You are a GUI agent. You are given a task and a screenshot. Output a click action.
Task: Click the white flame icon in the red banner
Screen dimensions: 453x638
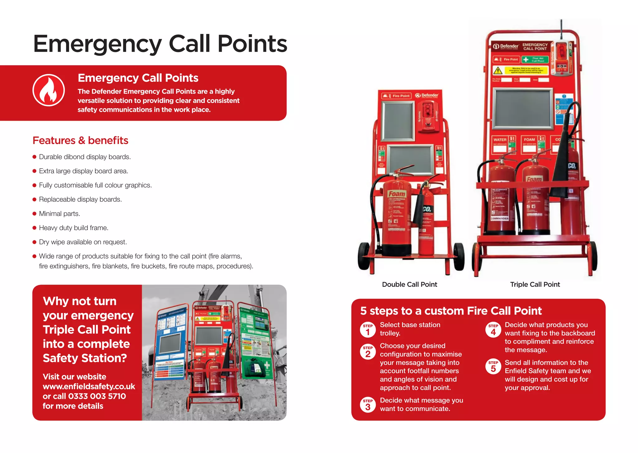click(x=49, y=90)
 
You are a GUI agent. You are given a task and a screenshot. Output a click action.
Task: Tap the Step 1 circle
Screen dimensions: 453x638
click(x=368, y=330)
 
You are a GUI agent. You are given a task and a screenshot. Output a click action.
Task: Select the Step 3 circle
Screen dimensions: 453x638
click(x=368, y=405)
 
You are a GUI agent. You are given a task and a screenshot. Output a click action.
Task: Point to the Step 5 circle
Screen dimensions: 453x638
click(x=493, y=367)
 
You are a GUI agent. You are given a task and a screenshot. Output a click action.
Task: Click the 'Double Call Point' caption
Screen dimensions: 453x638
click(x=409, y=284)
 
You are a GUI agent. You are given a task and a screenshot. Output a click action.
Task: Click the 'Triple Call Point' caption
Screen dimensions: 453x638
click(x=535, y=284)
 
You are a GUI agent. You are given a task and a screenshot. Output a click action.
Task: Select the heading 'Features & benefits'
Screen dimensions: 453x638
click(x=80, y=141)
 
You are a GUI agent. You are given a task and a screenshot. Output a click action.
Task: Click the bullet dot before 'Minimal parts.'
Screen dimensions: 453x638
click(x=35, y=214)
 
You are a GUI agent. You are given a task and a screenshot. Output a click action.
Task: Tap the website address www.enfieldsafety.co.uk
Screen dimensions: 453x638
click(x=89, y=387)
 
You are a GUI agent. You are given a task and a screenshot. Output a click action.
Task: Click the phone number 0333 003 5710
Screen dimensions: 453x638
click(x=97, y=396)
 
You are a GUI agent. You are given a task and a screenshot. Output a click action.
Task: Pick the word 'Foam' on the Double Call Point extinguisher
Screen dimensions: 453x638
click(x=397, y=194)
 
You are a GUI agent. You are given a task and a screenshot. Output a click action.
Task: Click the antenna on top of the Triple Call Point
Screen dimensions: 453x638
click(x=561, y=30)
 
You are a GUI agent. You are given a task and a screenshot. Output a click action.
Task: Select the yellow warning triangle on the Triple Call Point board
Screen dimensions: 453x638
click(x=498, y=70)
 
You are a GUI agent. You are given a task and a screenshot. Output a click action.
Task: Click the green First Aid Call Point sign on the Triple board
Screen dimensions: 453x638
click(x=535, y=59)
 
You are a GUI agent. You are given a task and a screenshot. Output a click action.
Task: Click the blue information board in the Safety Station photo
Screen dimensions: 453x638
click(x=171, y=343)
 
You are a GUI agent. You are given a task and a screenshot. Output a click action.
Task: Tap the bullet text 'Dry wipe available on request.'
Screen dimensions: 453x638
click(x=83, y=242)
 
